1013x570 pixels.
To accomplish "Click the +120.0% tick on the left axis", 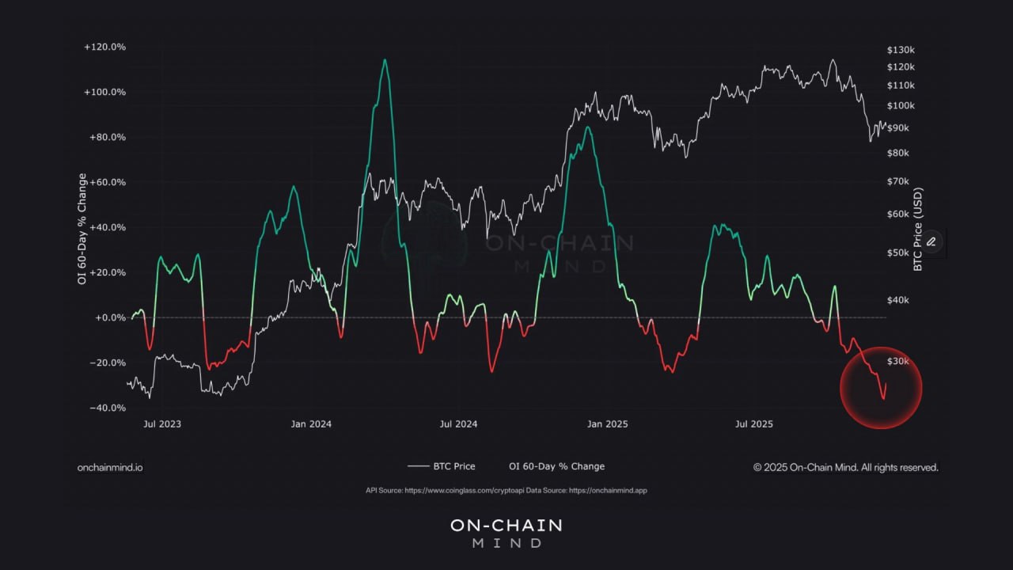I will click(104, 47).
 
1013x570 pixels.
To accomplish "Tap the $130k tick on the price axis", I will click(901, 50).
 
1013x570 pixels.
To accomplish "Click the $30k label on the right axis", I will click(898, 362).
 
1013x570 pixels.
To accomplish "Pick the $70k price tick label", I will click(898, 182).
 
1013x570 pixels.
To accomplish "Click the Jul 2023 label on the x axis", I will click(161, 424).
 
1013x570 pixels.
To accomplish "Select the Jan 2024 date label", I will click(311, 424).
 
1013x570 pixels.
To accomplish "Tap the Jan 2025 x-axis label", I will click(607, 424).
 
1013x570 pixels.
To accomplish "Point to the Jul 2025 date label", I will click(754, 424).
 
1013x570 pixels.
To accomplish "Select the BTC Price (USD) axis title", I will click(918, 230).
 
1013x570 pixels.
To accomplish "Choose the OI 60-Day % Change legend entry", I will click(556, 466).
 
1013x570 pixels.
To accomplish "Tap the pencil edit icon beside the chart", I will click(931, 241).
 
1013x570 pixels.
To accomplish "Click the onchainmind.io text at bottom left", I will click(110, 468).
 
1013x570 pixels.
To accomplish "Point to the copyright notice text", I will click(845, 468).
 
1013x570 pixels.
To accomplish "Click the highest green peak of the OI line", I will click(385, 59).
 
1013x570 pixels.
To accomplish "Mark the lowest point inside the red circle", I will click(884, 399).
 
